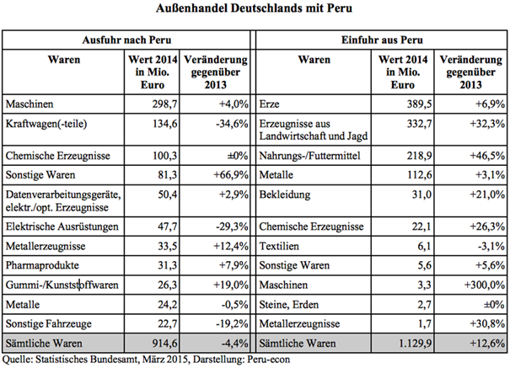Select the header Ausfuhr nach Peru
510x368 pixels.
pos(126,40)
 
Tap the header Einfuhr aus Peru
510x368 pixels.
pos(381,40)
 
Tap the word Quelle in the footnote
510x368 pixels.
pos(18,359)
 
